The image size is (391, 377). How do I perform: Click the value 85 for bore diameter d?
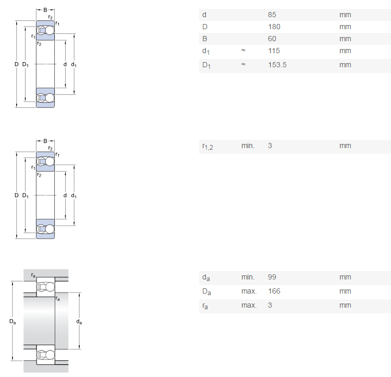[x=272, y=15]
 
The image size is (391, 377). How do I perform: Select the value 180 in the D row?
[x=274, y=27]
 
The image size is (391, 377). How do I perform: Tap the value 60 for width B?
[x=272, y=39]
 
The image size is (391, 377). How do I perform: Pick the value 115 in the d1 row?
[x=274, y=51]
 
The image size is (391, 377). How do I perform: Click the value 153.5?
[x=277, y=65]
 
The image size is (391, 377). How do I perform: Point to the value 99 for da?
[x=272, y=277]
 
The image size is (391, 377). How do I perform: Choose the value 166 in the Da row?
[x=274, y=291]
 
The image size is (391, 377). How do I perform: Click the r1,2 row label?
[x=207, y=147]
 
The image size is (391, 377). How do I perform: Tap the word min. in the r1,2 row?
[x=248, y=145]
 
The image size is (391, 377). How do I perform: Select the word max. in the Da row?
[x=249, y=291]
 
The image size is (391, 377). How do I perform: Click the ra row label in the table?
[x=205, y=306]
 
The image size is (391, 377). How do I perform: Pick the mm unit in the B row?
[x=345, y=39]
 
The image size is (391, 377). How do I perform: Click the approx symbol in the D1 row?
[x=243, y=64]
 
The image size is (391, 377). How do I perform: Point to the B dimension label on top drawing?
[x=45, y=10]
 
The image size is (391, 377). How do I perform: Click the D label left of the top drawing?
[x=17, y=64]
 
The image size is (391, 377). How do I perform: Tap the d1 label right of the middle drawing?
[x=74, y=196]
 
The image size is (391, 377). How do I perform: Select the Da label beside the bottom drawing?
[x=13, y=322]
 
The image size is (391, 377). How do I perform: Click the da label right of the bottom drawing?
[x=79, y=322]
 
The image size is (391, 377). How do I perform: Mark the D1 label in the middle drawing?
[x=26, y=196]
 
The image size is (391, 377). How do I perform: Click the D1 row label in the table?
[x=206, y=65]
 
